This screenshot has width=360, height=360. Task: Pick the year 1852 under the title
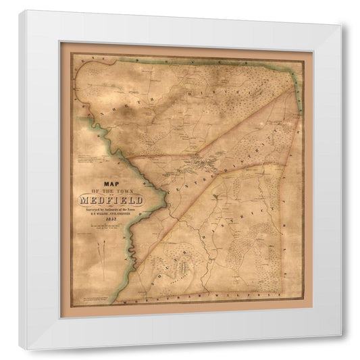[x=110, y=221]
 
